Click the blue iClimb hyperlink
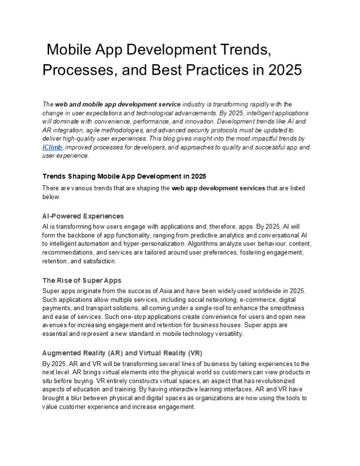pyautogui.click(x=52, y=147)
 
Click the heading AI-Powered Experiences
pyautogui.click(x=83, y=216)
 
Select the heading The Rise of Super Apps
pyautogui.click(x=82, y=280)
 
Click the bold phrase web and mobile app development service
pyautogui.click(x=118, y=104)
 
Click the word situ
pyautogui.click(x=49, y=381)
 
